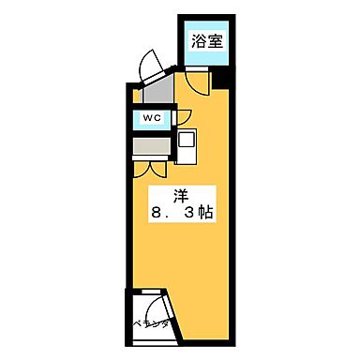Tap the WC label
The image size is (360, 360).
[x=152, y=118]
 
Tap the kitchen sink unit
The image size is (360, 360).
[x=187, y=144]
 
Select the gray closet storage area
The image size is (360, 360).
[x=150, y=146]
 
